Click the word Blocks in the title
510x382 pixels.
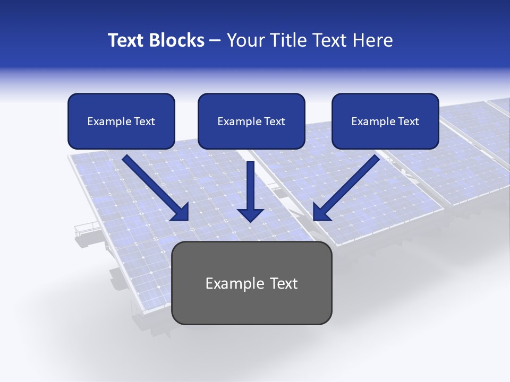pos(178,40)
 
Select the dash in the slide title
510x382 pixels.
pos(215,41)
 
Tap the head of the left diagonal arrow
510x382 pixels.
pos(181,212)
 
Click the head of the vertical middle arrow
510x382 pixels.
pos(250,215)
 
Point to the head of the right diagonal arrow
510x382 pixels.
pos(321,212)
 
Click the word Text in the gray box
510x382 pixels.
pos(284,283)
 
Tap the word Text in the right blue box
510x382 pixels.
pos(408,121)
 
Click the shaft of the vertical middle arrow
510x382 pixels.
pos(250,183)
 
